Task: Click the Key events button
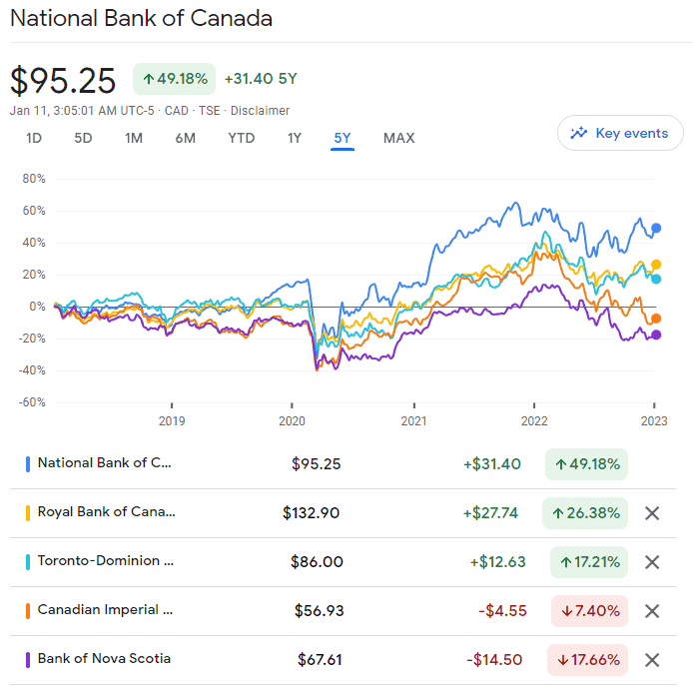(x=620, y=133)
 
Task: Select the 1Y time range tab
(x=294, y=138)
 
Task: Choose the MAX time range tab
(x=398, y=138)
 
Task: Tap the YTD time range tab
(x=241, y=138)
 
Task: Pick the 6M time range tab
(x=185, y=138)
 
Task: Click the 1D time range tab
(x=34, y=138)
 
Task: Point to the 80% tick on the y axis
(x=34, y=179)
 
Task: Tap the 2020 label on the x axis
(x=293, y=420)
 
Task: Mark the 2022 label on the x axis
(x=534, y=420)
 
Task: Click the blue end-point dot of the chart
(x=656, y=228)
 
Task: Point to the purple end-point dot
(x=656, y=335)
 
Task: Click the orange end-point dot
(x=656, y=319)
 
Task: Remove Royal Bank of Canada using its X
(x=652, y=513)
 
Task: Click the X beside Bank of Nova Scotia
(x=652, y=660)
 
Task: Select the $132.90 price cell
(x=312, y=513)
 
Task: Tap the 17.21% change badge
(x=588, y=562)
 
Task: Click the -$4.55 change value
(x=502, y=611)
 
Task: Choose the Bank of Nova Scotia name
(x=104, y=659)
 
